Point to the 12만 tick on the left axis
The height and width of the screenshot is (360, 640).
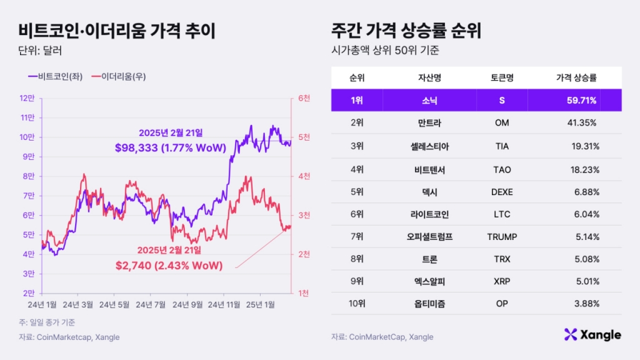coord(28,98)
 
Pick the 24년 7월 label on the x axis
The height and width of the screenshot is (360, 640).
coord(151,304)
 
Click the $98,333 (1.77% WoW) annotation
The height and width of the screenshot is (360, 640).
coord(170,147)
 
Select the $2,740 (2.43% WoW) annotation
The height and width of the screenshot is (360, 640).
coord(169,265)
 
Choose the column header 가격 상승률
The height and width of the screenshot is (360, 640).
coord(576,78)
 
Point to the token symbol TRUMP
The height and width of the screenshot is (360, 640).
coord(502,237)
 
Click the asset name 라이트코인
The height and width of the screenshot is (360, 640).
coord(429,214)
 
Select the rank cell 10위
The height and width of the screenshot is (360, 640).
coord(357,304)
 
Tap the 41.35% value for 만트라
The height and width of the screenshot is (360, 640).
coord(581,123)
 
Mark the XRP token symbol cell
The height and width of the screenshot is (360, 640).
coord(502,282)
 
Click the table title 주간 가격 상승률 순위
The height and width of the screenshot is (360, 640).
coord(410,29)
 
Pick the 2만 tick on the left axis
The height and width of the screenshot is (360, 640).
coord(28,293)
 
